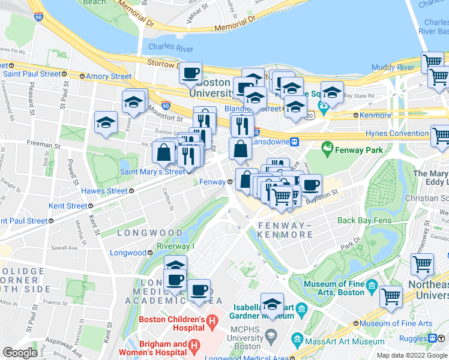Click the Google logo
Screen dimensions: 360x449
pos(20,353)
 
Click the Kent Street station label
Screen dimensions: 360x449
pos(67,206)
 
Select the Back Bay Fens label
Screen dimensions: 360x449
pos(364,220)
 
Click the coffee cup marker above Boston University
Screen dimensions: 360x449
pos(191,73)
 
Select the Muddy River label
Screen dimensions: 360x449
pos(393,67)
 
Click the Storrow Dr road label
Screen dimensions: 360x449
pos(156,62)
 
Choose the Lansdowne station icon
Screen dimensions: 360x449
pos(295,142)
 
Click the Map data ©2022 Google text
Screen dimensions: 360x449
pos(411,355)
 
